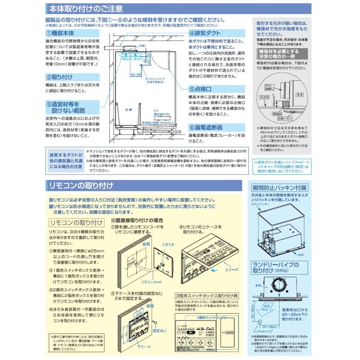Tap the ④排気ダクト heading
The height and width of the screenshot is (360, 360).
tap(206, 34)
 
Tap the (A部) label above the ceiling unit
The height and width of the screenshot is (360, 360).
tap(140, 46)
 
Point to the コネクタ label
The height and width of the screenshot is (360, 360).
tap(167, 244)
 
